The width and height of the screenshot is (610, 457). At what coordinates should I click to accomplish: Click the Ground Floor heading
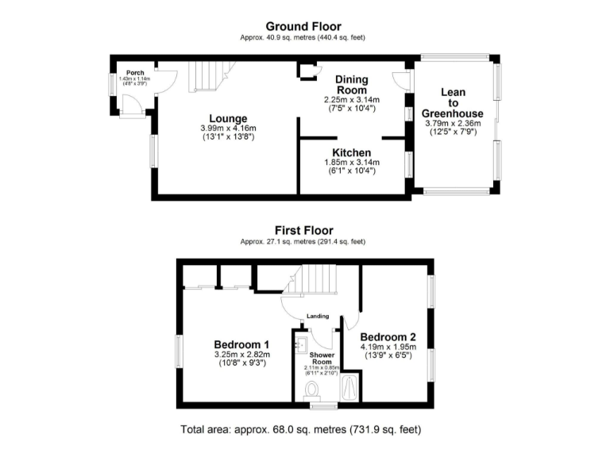304,26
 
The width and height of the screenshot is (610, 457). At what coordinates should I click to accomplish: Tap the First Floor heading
305,231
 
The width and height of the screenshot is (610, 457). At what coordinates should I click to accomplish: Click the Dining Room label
351,85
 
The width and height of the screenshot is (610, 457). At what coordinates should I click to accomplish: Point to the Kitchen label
351,152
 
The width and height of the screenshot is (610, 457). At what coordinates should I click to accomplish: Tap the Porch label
134,72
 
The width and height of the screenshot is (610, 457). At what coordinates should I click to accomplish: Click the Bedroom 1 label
241,344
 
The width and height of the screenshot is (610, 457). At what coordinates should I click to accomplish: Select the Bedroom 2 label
392,336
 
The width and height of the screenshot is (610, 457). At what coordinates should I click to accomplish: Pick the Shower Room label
321,358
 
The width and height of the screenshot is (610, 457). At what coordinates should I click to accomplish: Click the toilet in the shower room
312,390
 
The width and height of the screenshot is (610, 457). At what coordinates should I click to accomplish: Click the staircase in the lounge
208,76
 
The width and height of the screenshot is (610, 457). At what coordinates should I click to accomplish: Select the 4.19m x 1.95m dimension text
392,346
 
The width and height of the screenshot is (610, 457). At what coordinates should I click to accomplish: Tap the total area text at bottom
304,430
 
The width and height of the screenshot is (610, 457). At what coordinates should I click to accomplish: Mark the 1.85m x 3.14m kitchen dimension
351,162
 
